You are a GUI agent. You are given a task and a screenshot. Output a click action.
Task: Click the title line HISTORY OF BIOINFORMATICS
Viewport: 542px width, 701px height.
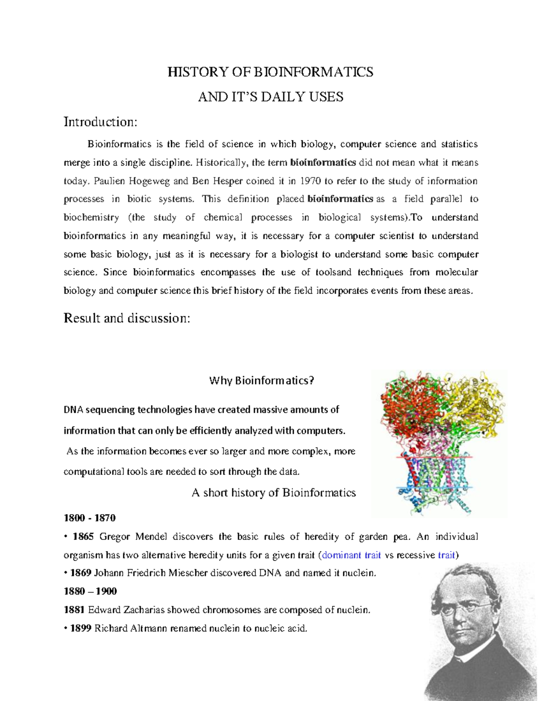(x=270, y=72)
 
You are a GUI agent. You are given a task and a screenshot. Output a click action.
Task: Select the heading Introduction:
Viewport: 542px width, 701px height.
(x=100, y=122)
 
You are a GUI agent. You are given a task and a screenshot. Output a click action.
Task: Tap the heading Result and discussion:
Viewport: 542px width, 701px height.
(x=127, y=318)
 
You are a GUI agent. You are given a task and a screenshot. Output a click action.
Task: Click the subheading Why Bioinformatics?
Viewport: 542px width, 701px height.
(x=261, y=381)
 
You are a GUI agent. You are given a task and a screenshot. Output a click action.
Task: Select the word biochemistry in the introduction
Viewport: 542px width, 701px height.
(x=91, y=218)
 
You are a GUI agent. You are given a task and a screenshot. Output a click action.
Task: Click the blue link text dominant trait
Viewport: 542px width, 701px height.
(x=351, y=555)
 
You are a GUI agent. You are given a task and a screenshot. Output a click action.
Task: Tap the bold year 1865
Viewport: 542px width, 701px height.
(x=83, y=537)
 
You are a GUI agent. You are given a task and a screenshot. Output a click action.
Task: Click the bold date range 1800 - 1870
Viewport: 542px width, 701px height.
(x=89, y=518)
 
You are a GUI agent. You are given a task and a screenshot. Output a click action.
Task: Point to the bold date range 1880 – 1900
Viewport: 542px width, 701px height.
(x=90, y=591)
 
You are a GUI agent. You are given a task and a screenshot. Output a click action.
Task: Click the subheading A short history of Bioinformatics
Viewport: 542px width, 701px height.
(x=274, y=492)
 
